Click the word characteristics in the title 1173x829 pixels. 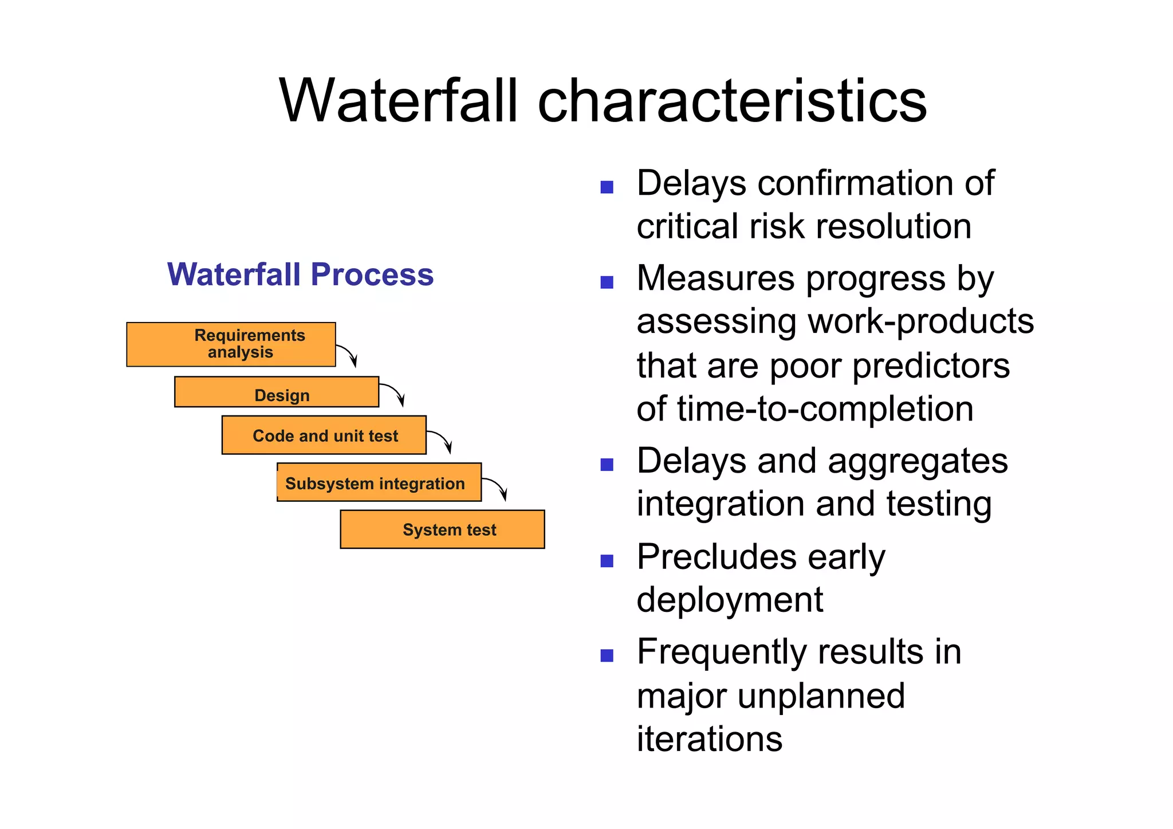click(x=731, y=101)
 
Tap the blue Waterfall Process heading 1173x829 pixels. click(x=300, y=274)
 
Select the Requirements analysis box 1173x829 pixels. click(x=231, y=344)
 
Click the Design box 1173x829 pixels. click(x=277, y=392)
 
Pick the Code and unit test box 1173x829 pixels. click(x=324, y=435)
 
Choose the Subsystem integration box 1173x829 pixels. click(x=379, y=483)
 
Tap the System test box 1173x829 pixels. click(x=442, y=529)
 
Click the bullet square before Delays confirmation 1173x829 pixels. click(x=607, y=187)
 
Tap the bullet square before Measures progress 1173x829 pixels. click(x=607, y=282)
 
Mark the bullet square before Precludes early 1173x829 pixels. click(x=607, y=560)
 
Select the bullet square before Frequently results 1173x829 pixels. click(x=607, y=655)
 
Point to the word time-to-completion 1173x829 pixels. click(x=824, y=409)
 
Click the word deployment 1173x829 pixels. click(x=730, y=600)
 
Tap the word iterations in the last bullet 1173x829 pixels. click(x=709, y=738)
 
